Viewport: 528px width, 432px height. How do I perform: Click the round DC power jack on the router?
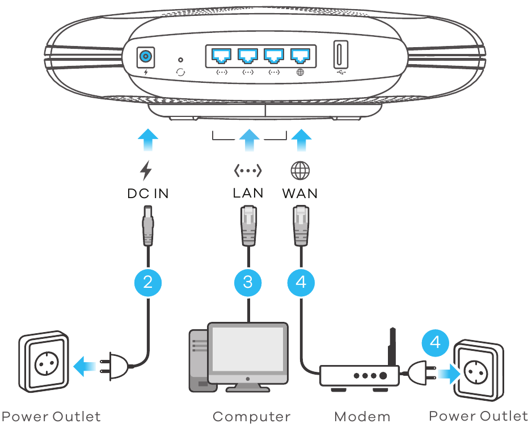pyautogui.click(x=147, y=57)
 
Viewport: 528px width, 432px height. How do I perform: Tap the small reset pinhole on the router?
pyautogui.click(x=181, y=59)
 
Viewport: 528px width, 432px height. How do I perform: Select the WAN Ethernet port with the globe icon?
pyautogui.click(x=300, y=56)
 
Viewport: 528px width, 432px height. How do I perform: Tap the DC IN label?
pyautogui.click(x=148, y=194)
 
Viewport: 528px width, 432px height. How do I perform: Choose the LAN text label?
pyautogui.click(x=248, y=193)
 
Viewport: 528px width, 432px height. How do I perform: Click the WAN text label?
pyautogui.click(x=300, y=193)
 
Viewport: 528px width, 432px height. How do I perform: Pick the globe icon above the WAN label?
pyautogui.click(x=301, y=170)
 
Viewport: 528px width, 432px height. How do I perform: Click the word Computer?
pyautogui.click(x=251, y=417)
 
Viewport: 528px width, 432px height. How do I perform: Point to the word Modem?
pyautogui.click(x=362, y=417)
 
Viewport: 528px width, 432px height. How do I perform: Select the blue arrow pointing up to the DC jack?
pyautogui.click(x=148, y=140)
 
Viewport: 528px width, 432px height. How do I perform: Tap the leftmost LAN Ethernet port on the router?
pyautogui.click(x=222, y=56)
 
